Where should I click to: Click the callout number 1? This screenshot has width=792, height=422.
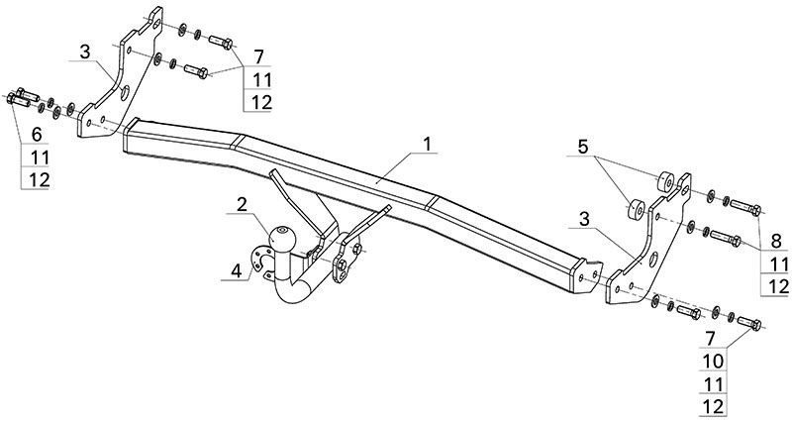428,144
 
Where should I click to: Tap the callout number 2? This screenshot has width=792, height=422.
242,205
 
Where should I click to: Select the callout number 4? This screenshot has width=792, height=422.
237,271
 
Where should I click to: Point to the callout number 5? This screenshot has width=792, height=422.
583,147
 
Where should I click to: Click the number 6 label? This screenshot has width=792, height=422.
37,135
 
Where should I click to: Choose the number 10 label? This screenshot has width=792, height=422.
713,361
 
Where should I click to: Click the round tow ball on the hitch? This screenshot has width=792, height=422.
282,237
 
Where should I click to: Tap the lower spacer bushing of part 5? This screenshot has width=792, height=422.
636,209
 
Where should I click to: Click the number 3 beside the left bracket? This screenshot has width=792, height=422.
84,52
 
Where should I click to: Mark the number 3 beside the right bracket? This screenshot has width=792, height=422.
584,219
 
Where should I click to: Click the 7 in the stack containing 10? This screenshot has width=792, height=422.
711,338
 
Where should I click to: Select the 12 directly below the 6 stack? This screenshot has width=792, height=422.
40,180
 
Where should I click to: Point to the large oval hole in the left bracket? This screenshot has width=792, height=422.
125,93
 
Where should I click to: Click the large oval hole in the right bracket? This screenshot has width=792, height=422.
653,260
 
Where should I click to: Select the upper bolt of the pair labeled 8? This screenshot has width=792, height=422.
745,208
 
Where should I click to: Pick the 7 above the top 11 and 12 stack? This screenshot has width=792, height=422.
259,57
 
